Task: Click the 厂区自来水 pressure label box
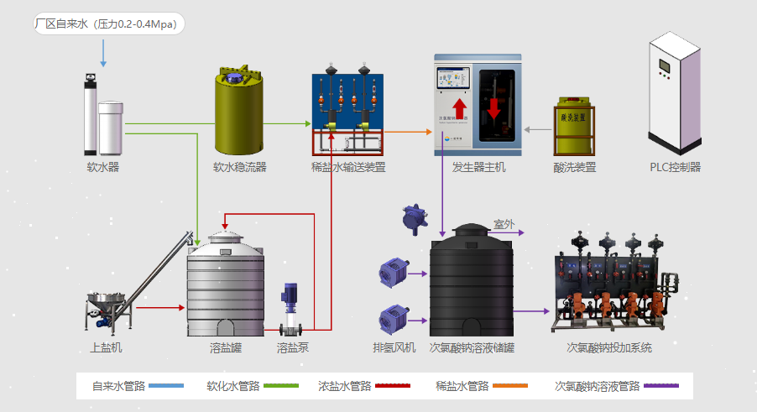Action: click(x=107, y=23)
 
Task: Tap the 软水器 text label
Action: click(x=103, y=167)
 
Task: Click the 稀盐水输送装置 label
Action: click(x=348, y=167)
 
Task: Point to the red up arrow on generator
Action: click(x=458, y=109)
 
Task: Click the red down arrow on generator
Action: click(x=493, y=107)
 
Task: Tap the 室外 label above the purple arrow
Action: click(x=504, y=224)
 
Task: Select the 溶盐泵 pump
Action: click(x=291, y=310)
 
